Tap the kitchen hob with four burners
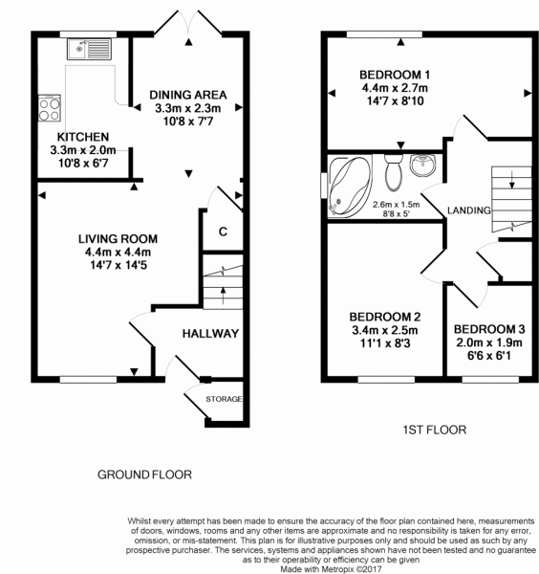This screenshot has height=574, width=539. tap(48, 104)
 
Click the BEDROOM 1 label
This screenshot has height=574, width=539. tap(395, 75)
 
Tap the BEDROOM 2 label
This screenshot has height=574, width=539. tap(384, 317)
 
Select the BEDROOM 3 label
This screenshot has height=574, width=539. tap(489, 329)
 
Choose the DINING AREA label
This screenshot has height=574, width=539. tap(188, 94)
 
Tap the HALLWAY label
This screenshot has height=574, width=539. tap(209, 333)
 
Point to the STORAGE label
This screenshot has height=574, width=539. tap(225, 398)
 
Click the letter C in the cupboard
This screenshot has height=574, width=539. tap(223, 232)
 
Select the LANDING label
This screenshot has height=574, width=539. tap(468, 210)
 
